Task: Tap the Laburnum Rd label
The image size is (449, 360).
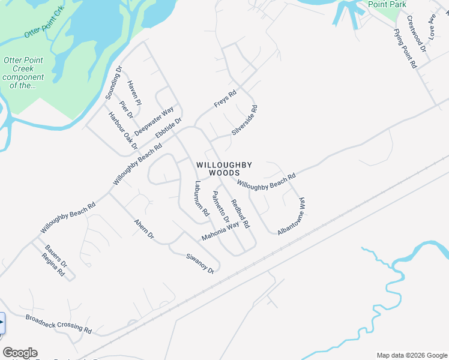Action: click(x=200, y=199)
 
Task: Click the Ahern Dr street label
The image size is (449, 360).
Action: click(x=143, y=229)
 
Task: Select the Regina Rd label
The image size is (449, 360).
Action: click(x=53, y=264)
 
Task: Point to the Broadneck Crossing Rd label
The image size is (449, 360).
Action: click(x=58, y=323)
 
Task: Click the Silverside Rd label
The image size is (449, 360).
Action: click(x=244, y=121)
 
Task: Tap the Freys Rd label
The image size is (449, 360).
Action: click(x=226, y=99)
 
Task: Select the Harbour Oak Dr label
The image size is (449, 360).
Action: click(x=123, y=130)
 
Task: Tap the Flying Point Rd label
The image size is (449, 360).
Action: click(x=405, y=48)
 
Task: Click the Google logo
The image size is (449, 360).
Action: click(x=20, y=353)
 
